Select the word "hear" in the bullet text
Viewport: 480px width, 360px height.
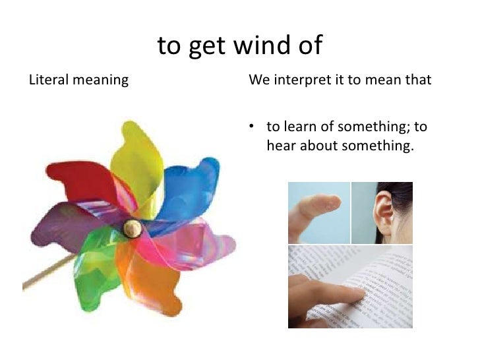[x=282, y=145]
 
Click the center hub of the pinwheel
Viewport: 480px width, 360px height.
[x=131, y=229]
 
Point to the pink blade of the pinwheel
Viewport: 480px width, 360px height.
[x=191, y=244]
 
